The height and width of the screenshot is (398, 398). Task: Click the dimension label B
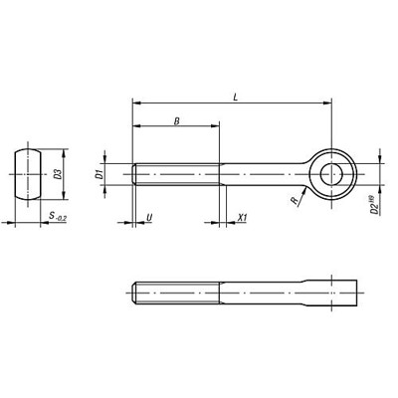176,120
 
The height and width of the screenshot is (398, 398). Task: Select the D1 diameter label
99,174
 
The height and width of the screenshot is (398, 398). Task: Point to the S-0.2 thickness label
57,215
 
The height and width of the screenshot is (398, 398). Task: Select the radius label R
294,202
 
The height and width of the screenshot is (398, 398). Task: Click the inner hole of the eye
332,174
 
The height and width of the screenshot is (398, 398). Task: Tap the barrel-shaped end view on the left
30,175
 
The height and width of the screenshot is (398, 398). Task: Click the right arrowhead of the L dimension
328,101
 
